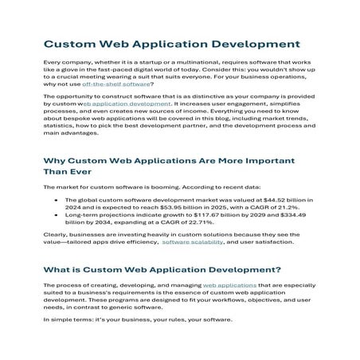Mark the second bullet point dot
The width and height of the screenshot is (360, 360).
pos(56,215)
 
